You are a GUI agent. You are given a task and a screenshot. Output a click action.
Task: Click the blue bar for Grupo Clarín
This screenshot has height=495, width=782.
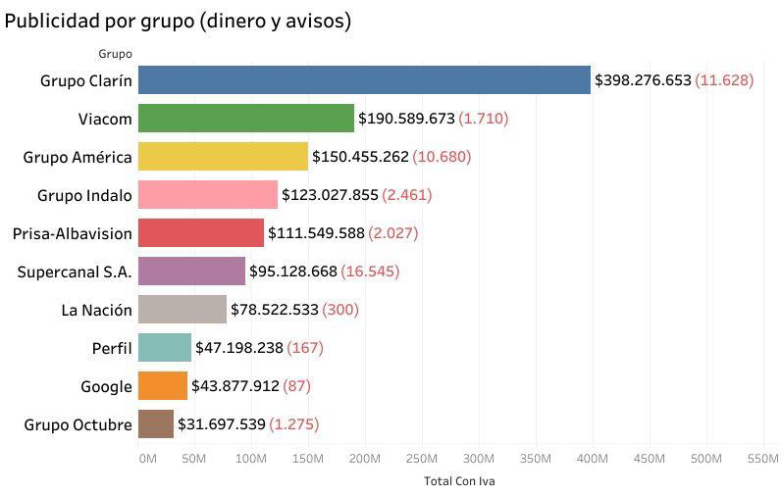364,80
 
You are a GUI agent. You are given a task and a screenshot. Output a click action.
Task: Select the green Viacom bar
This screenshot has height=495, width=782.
246,119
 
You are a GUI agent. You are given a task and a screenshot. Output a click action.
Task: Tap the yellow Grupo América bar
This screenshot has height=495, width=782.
223,157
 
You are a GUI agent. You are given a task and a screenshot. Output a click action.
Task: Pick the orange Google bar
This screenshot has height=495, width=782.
163,386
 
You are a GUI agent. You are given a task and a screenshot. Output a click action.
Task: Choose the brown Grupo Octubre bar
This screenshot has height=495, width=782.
156,424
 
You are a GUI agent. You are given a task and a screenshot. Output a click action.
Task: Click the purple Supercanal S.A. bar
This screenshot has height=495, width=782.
191,272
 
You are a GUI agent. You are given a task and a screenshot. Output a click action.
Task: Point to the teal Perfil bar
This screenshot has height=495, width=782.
165,348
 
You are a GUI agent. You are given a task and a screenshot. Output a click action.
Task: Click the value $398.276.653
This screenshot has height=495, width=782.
643,80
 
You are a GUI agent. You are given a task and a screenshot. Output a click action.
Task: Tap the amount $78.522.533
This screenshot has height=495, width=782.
275,310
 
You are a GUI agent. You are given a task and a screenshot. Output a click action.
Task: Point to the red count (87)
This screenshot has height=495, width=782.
297,386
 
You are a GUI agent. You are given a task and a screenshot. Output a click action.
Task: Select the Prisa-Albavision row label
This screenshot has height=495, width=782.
72,233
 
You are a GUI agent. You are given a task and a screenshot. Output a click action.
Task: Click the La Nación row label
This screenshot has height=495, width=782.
96,310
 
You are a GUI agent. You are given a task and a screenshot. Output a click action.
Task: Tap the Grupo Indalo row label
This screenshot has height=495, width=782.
84,195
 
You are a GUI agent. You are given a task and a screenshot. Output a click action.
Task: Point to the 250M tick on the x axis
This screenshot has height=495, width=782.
421,458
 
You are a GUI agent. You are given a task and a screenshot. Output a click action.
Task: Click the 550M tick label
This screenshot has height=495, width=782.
762,458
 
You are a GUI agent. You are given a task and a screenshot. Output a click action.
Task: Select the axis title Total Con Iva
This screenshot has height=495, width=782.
452,481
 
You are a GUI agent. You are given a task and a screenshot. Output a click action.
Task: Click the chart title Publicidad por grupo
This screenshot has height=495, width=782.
178,21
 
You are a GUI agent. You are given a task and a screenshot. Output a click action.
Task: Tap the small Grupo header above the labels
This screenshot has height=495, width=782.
115,54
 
